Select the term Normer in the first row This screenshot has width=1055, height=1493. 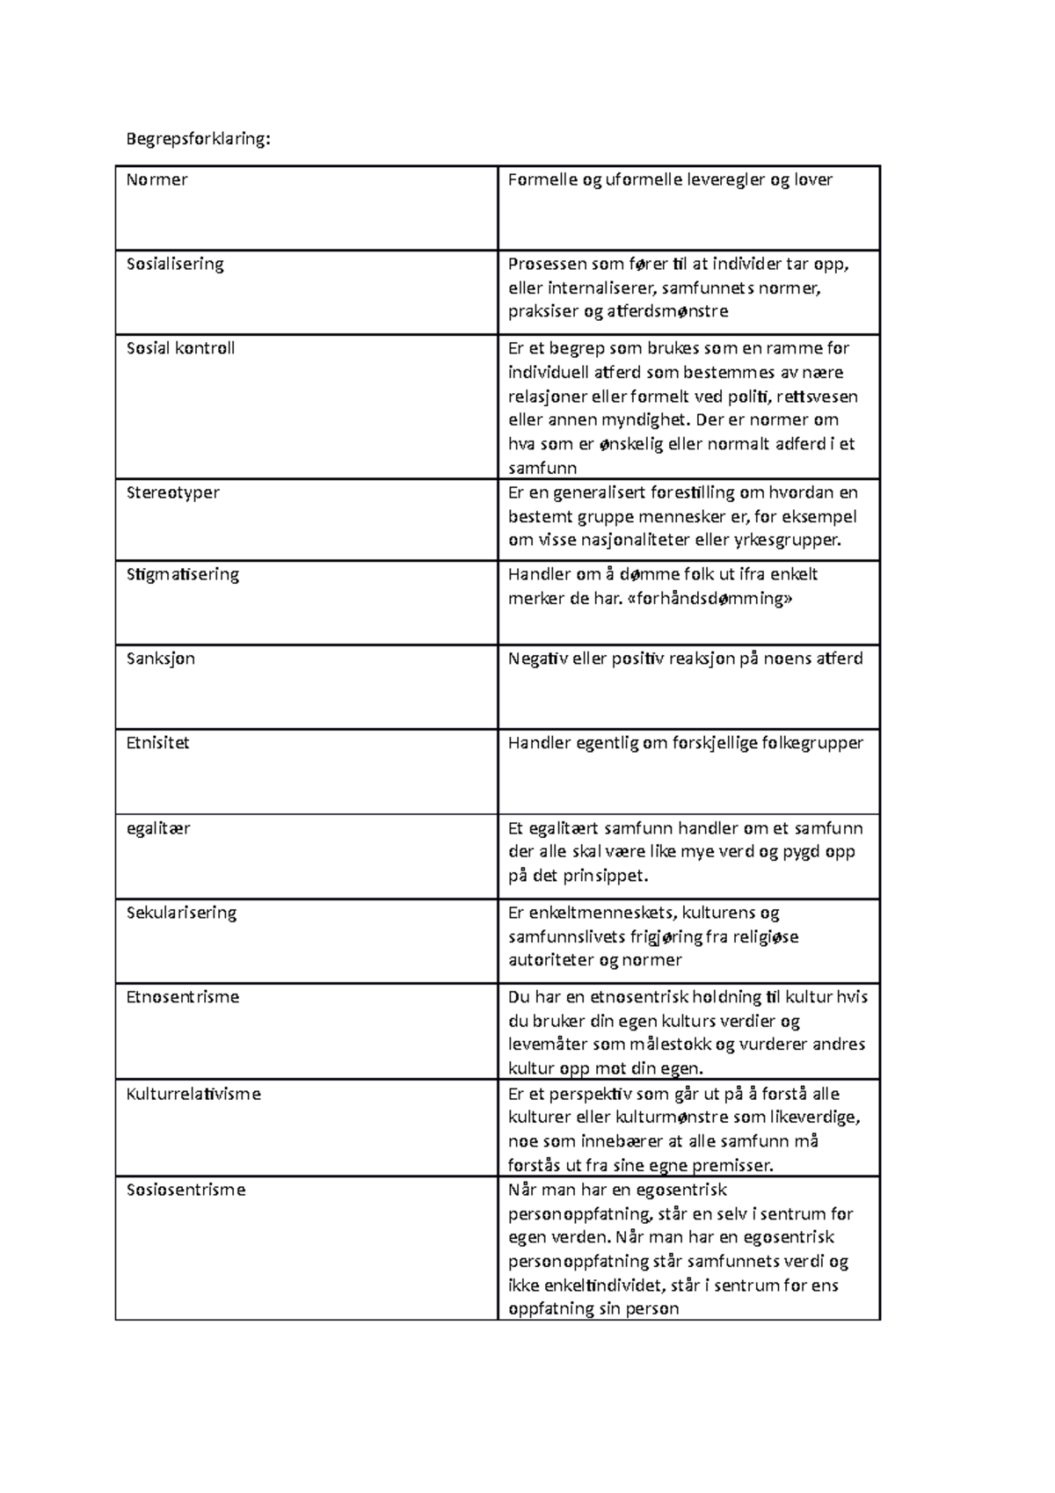point(156,180)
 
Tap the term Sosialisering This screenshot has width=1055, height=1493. point(175,264)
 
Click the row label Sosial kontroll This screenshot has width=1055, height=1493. point(180,348)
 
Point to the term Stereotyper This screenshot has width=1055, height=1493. point(172,492)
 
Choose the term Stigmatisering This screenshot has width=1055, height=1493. point(182,574)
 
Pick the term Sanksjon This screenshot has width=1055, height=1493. point(161,659)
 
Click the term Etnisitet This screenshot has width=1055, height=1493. point(157,743)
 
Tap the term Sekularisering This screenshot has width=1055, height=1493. point(181,913)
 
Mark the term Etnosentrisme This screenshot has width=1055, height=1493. point(182,997)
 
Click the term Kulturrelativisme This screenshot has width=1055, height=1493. point(193,1095)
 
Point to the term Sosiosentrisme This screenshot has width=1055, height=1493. point(186,1191)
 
